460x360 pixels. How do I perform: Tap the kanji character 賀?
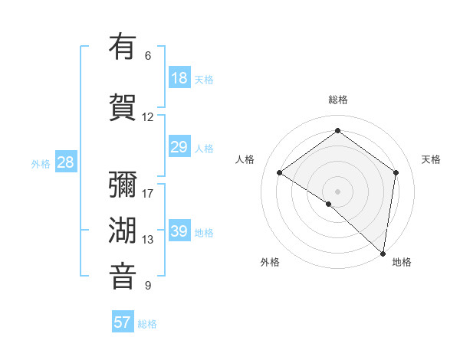(123, 106)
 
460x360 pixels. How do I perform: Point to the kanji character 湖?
(123, 230)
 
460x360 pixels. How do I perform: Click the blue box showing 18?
(179, 78)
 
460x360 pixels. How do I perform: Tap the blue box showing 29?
(179, 147)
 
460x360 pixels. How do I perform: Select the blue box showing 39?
(179, 231)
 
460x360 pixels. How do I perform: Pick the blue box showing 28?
(65, 162)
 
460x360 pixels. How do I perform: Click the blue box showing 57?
(123, 322)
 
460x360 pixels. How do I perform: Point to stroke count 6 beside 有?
(148, 56)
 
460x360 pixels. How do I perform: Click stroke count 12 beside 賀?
(148, 117)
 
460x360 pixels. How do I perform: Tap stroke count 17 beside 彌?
(148, 193)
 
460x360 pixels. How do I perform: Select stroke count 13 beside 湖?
(148, 240)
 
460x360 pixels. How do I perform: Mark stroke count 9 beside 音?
(148, 286)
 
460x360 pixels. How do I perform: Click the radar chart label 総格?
(338, 100)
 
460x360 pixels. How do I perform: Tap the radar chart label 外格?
(270, 262)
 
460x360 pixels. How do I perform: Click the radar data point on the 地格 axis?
(383, 253)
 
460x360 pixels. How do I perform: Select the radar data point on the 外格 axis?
(329, 204)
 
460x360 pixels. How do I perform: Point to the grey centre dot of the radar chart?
(338, 191)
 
